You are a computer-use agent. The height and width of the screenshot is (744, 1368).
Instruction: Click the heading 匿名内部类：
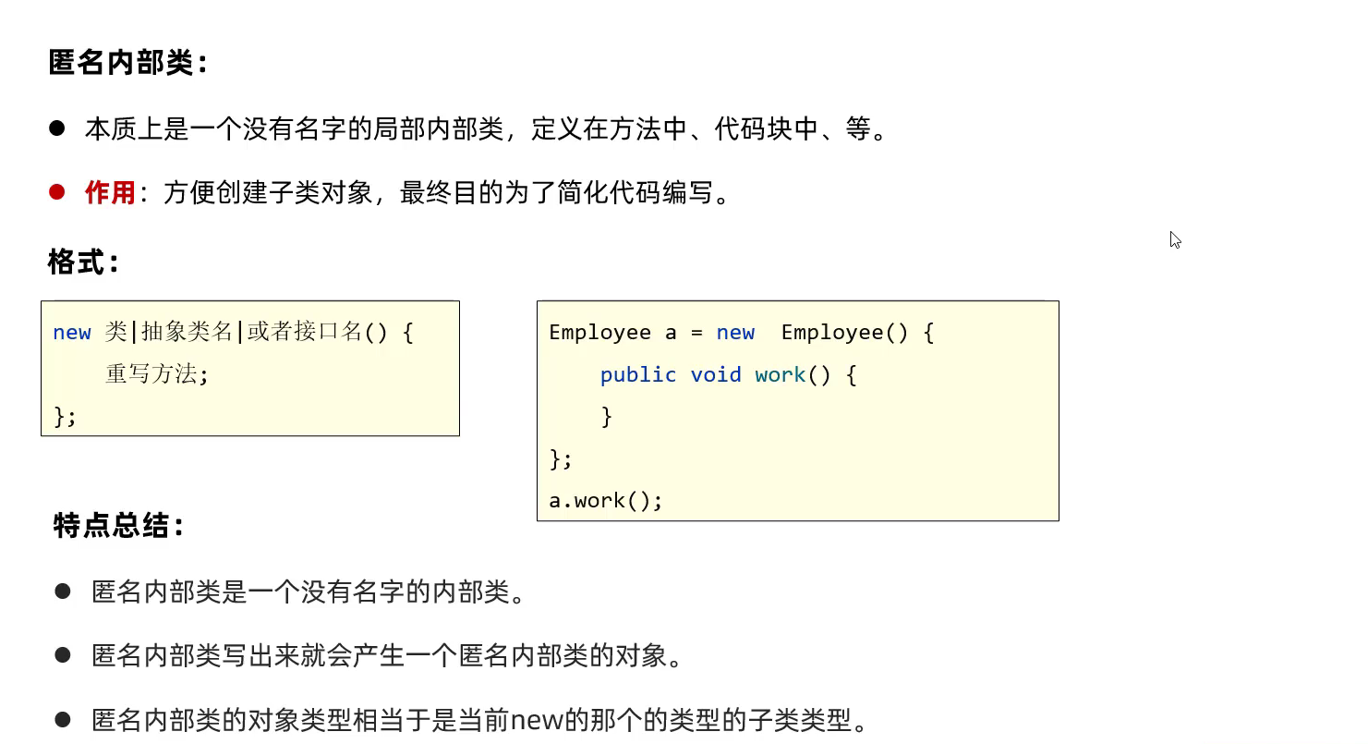pyautogui.click(x=128, y=64)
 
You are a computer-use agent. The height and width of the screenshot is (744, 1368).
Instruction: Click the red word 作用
pyautogui.click(x=110, y=193)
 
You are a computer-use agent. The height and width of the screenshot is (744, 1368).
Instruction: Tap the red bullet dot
pyautogui.click(x=57, y=192)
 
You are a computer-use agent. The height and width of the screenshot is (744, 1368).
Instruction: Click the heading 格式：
pyautogui.click(x=84, y=262)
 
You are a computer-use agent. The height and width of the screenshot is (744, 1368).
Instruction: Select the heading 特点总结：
pyautogui.click(x=119, y=527)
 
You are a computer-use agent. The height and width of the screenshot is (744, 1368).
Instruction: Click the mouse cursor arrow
pyautogui.click(x=1174, y=238)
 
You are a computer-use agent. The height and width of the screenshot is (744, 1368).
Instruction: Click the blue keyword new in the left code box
pyautogui.click(x=72, y=333)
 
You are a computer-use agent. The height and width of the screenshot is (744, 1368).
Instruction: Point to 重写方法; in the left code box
pyautogui.click(x=157, y=374)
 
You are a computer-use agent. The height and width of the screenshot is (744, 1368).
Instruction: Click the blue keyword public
pyautogui.click(x=638, y=374)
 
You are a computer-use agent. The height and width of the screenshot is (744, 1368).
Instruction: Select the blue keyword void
pyautogui.click(x=716, y=374)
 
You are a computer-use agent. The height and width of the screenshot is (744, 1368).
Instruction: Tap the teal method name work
pyautogui.click(x=781, y=374)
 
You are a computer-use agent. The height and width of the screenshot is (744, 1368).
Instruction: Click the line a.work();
pyautogui.click(x=606, y=501)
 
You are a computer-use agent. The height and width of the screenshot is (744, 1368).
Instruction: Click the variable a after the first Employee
pyautogui.click(x=671, y=333)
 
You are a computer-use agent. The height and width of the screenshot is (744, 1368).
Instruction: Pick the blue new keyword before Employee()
pyautogui.click(x=735, y=333)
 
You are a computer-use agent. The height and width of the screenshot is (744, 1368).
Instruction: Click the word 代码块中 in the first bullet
pyautogui.click(x=767, y=128)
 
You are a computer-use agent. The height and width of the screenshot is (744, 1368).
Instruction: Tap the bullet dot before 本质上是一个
pyautogui.click(x=57, y=128)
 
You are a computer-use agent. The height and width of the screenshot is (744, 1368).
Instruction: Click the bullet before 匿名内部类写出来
pyautogui.click(x=63, y=655)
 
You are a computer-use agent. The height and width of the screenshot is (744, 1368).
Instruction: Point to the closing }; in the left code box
pyautogui.click(x=65, y=417)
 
